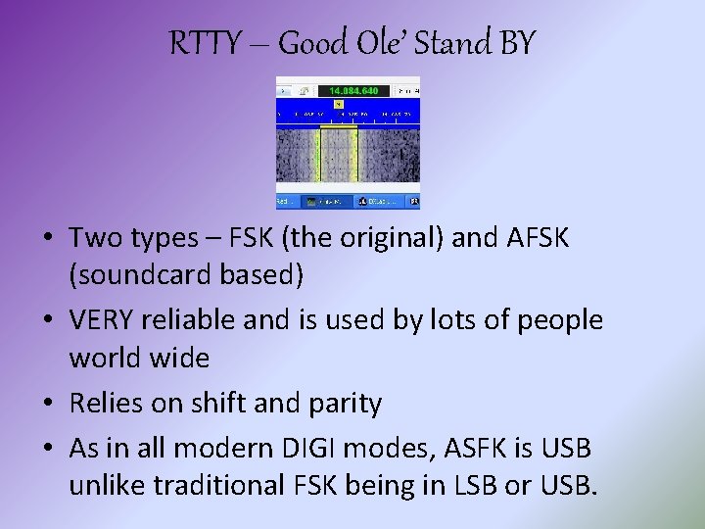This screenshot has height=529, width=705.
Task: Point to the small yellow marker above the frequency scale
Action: click(x=338, y=103)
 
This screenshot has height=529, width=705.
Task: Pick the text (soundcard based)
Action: click(x=186, y=275)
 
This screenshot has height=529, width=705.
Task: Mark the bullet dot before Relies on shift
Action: click(x=47, y=404)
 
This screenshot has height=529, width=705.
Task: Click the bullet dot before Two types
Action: click(x=47, y=239)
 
